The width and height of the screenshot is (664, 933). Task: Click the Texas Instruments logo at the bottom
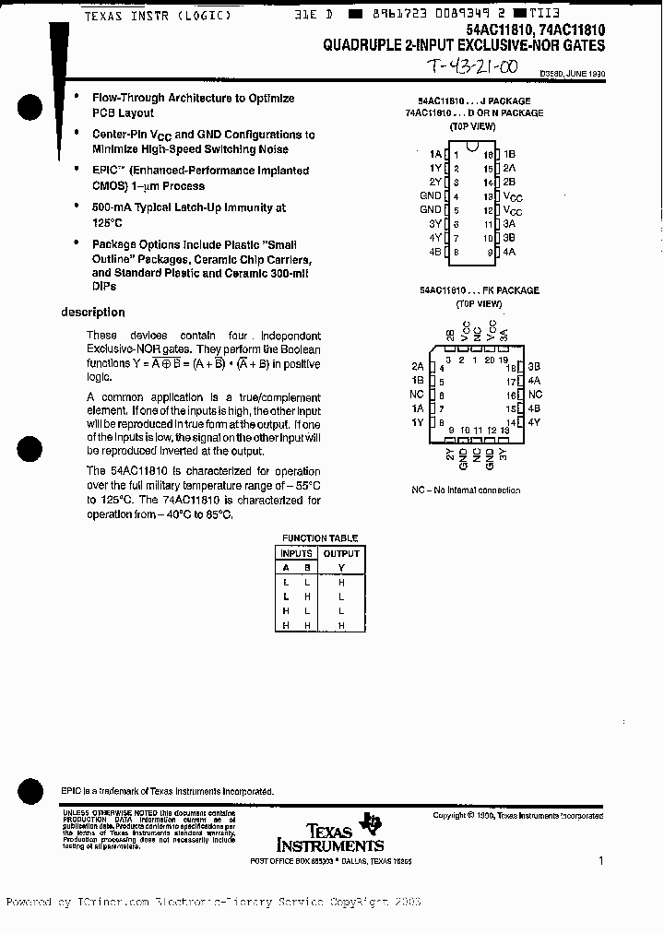pos(330,834)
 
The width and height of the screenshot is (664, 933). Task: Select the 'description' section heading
pos(92,313)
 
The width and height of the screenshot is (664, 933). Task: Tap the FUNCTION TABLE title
pos(320,538)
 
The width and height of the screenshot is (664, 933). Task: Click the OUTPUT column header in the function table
pos(341,553)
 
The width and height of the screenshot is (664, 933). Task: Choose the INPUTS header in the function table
pos(297,553)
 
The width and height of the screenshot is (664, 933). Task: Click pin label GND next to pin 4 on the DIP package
pos(431,195)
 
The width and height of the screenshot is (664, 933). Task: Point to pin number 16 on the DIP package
pos(488,154)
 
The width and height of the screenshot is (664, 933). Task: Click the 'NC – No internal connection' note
pos(466,490)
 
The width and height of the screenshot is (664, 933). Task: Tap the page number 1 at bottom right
pos(600,861)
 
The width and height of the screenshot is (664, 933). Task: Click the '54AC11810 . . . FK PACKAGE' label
pos(479,290)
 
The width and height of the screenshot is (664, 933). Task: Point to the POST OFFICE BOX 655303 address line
pos(331,861)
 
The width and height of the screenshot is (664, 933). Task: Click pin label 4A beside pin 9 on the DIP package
pos(510,251)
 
